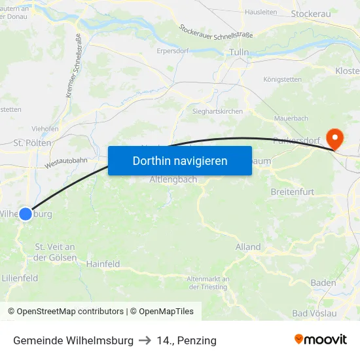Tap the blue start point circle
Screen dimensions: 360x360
click(x=26, y=213)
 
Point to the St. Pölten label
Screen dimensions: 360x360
click(x=29, y=142)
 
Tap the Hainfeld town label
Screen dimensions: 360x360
click(x=103, y=264)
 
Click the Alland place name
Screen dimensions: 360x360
click(x=248, y=247)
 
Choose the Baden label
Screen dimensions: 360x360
click(x=323, y=283)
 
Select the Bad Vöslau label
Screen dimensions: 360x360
click(x=314, y=313)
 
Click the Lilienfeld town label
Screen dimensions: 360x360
click(x=20, y=278)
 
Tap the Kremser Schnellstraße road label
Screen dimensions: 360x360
click(x=73, y=66)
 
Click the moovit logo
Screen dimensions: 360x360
click(x=321, y=340)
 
